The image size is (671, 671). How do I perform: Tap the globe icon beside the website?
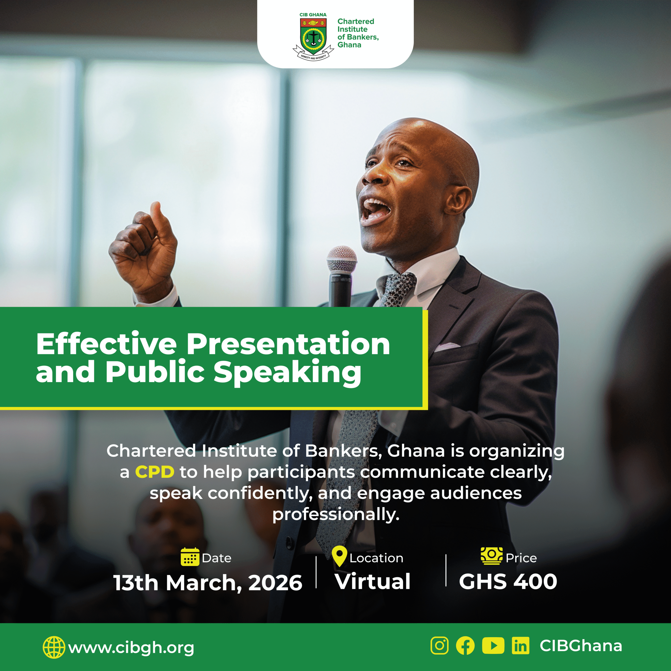54,647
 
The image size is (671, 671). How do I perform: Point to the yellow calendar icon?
190,557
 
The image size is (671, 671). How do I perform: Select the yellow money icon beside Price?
491,555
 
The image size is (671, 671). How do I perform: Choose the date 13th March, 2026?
208,583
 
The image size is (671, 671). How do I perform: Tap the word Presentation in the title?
288,344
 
